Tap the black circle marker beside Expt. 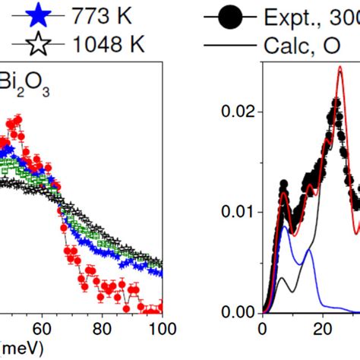pyautogui.click(x=231, y=15)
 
